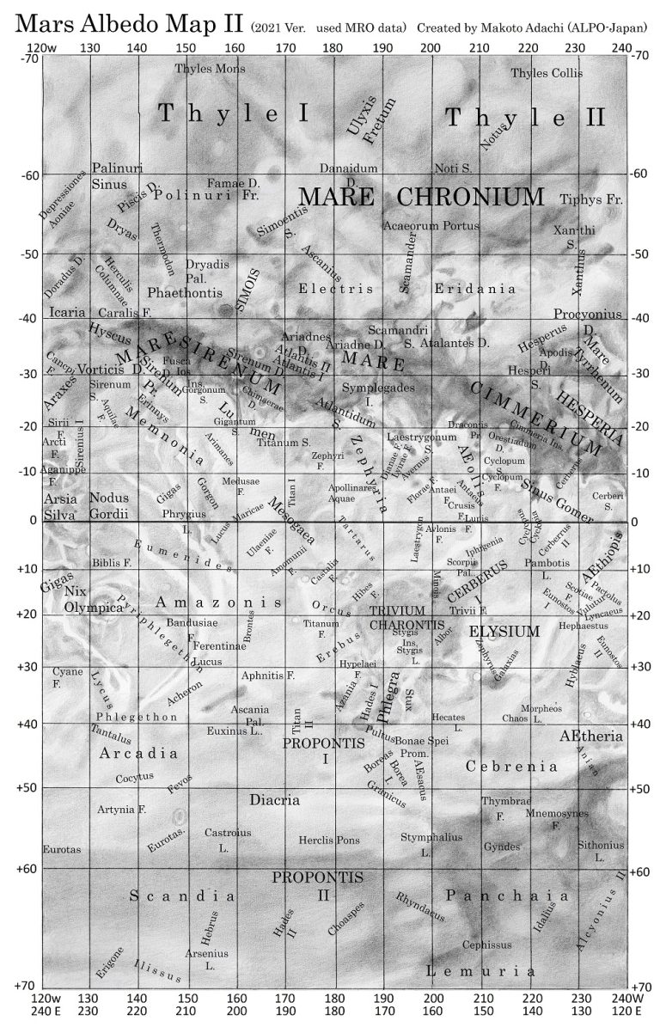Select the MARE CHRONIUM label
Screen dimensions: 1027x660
pyautogui.click(x=421, y=197)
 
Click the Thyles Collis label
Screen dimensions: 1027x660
pyautogui.click(x=547, y=73)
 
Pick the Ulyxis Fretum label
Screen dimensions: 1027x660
pyautogui.click(x=371, y=121)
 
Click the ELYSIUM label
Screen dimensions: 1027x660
pyautogui.click(x=504, y=632)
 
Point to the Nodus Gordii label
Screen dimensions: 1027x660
pyautogui.click(x=108, y=506)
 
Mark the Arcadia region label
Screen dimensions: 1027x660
pyautogui.click(x=138, y=754)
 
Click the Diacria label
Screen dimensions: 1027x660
pyautogui.click(x=275, y=800)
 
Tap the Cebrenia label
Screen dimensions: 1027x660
pyautogui.click(x=511, y=766)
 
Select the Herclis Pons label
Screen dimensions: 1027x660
pyautogui.click(x=329, y=840)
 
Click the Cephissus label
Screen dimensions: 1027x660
pyautogui.click(x=486, y=944)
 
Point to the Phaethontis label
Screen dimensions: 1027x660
pyautogui.click(x=186, y=292)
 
